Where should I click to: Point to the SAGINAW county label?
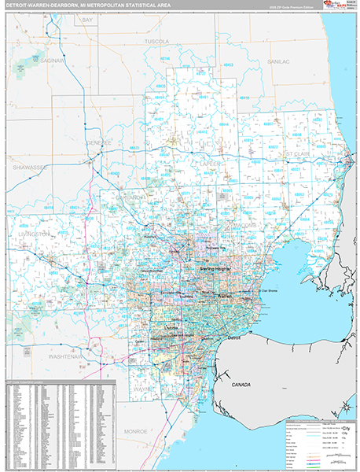click(53, 59)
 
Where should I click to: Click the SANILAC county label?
click(278, 61)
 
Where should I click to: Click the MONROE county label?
click(136, 432)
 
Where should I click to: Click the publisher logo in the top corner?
click(339, 7)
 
